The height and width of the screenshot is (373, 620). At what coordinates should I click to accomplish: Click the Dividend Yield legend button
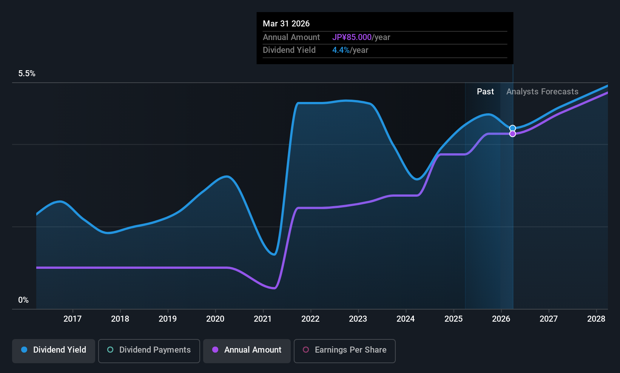[x=53, y=351]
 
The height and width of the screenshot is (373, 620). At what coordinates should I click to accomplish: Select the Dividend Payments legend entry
[x=149, y=351]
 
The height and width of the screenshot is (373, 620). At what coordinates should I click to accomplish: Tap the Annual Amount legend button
[x=247, y=351]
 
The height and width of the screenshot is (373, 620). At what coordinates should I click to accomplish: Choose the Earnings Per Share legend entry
[x=345, y=351]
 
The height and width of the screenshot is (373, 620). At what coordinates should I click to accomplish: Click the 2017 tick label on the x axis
[x=72, y=319]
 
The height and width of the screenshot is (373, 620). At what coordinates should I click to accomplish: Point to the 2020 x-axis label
[x=215, y=319]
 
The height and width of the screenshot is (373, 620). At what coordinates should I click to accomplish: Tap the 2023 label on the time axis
[x=358, y=319]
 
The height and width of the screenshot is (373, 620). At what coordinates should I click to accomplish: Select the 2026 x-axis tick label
[x=501, y=319]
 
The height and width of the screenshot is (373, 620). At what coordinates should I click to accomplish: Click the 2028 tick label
[x=596, y=319]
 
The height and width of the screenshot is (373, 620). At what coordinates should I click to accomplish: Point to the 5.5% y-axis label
[x=27, y=74]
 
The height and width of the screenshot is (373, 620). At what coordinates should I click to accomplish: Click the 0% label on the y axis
[x=23, y=300]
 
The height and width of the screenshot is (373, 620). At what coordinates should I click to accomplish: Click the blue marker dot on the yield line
[x=513, y=128]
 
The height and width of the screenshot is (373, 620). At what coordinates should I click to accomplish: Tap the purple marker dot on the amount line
[x=513, y=134]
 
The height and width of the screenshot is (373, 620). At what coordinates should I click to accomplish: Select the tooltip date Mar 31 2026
[x=286, y=24]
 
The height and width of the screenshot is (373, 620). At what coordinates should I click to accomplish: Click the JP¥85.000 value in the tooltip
[x=352, y=37]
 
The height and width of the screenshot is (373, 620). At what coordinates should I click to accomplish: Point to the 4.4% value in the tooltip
[x=341, y=50]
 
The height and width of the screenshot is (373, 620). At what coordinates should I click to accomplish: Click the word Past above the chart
[x=485, y=92]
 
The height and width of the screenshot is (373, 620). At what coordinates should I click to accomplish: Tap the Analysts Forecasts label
[x=542, y=92]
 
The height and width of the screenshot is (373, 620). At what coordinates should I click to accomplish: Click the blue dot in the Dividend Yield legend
[x=25, y=350]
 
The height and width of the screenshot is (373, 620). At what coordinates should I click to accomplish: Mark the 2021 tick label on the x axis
[x=263, y=319]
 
